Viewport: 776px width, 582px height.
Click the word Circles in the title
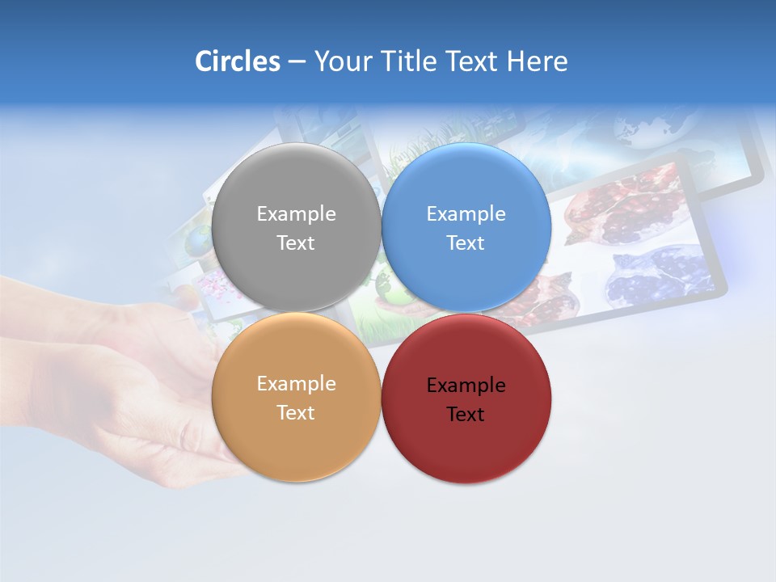pos(237,61)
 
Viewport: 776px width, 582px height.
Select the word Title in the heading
pos(409,61)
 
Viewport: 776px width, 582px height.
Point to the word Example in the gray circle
pos(296,214)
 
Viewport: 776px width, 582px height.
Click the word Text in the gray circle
pos(296,243)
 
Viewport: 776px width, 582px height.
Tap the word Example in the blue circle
pos(466,214)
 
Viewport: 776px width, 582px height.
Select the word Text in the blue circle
pos(466,243)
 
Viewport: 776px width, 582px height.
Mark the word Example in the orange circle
pos(296,384)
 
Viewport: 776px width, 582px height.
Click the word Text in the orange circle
pos(296,413)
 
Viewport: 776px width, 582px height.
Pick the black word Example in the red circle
pos(466,386)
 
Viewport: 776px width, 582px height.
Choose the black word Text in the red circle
pos(466,415)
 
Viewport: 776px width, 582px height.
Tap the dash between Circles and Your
pos(297,62)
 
